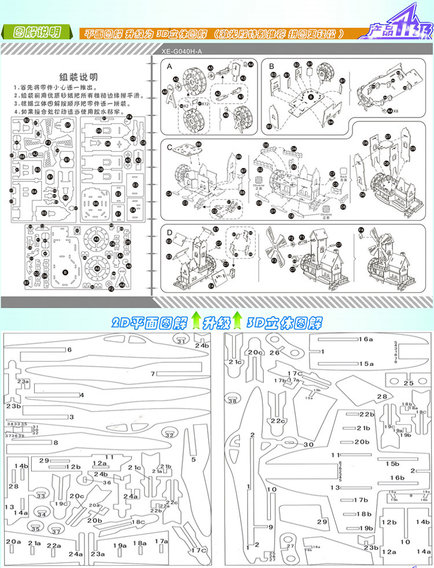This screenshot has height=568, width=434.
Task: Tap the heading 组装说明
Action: [x=79, y=77]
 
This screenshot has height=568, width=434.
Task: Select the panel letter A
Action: [x=170, y=67]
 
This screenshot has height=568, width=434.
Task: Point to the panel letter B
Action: [x=271, y=67]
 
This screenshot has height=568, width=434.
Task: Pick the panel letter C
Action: [x=170, y=147]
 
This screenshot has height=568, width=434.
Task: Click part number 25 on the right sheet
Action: [x=409, y=383]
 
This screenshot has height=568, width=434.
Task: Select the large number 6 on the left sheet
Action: [x=69, y=350]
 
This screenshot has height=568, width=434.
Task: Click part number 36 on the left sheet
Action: [x=106, y=482]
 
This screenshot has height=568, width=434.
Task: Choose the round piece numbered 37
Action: [x=56, y=530]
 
